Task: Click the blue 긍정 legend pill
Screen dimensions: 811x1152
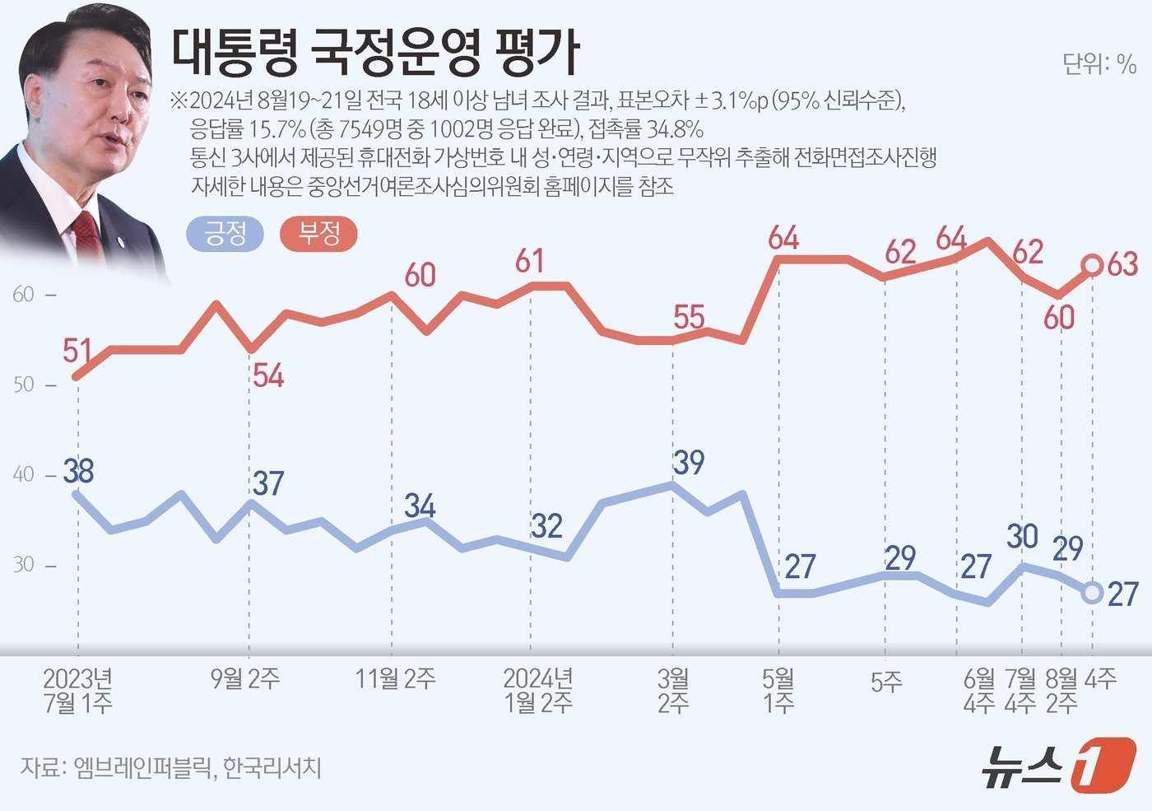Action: [x=225, y=234]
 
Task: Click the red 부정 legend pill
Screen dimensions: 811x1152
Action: [x=319, y=234]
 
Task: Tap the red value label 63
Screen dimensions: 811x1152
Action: [x=1123, y=264]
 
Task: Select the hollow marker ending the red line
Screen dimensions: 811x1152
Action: [x=1093, y=265]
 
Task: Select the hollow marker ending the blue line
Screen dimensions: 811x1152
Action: [x=1092, y=593]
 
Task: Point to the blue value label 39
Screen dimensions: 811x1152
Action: [x=689, y=463]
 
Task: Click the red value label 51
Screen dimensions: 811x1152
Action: [x=77, y=351]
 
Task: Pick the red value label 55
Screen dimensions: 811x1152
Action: [x=689, y=317]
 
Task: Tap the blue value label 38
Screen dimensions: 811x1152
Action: [x=79, y=472]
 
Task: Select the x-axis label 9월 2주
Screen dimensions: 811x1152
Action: [x=245, y=678]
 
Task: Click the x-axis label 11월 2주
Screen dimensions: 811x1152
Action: [x=395, y=678]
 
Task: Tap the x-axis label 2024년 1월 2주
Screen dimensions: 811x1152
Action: [x=538, y=690]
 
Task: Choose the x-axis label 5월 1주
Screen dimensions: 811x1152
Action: [x=778, y=690]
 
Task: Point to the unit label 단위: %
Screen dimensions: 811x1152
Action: [x=1099, y=64]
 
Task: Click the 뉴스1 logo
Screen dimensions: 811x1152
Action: [x=1057, y=766]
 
